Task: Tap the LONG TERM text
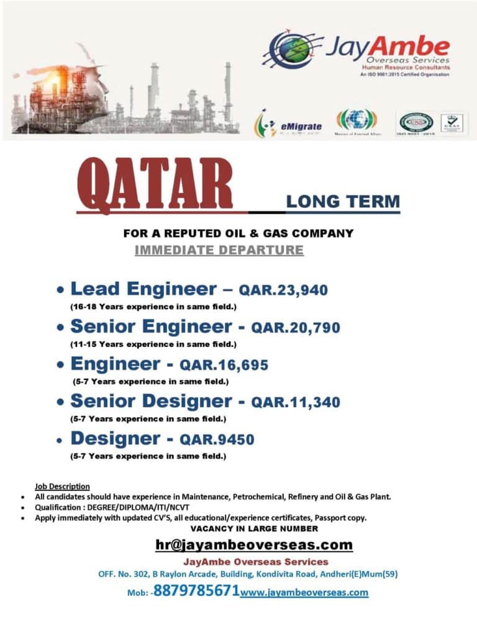pyautogui.click(x=343, y=201)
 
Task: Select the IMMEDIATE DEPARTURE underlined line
pyautogui.click(x=219, y=250)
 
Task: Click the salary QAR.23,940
pyautogui.click(x=283, y=290)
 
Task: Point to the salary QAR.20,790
pyautogui.click(x=295, y=327)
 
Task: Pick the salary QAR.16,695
pyautogui.click(x=224, y=365)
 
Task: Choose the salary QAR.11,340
pyautogui.click(x=296, y=402)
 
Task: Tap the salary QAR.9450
pyautogui.click(x=217, y=439)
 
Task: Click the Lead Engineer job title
pyautogui.click(x=143, y=289)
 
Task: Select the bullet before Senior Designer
pyautogui.click(x=60, y=403)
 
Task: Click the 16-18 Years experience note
pyautogui.click(x=153, y=307)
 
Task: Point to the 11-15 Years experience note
pyautogui.click(x=153, y=343)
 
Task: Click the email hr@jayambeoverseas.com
pyautogui.click(x=253, y=544)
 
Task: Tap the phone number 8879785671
pyautogui.click(x=196, y=590)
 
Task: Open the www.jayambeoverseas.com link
pyautogui.click(x=304, y=592)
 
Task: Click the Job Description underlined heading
pyautogui.click(x=62, y=486)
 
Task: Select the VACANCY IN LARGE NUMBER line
pyautogui.click(x=253, y=528)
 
